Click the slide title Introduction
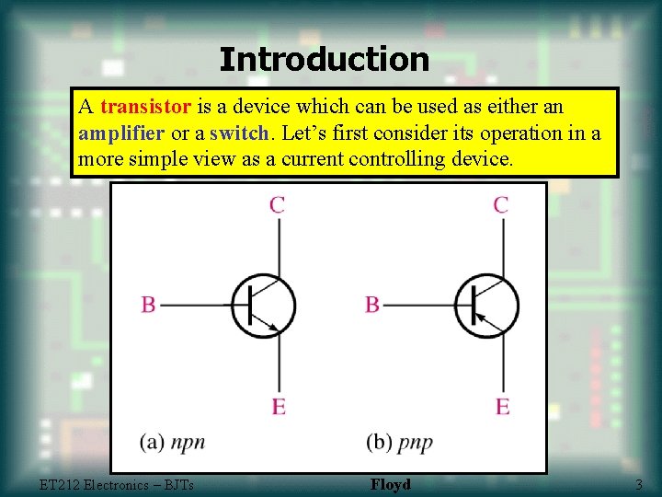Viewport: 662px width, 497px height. click(325, 60)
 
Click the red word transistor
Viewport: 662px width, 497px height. click(146, 107)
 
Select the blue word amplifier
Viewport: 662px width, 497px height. click(121, 133)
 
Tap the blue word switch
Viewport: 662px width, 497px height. click(240, 133)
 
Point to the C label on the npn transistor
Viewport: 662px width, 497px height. click(277, 204)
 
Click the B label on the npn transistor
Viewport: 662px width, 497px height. click(148, 305)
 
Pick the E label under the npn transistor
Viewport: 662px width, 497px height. click(278, 406)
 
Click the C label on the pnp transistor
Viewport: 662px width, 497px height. click(500, 204)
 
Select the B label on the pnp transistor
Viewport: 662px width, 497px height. click(371, 305)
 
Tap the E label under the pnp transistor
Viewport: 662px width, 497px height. click(502, 406)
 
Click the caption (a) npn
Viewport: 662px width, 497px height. click(173, 443)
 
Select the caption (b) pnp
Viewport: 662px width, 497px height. click(398, 443)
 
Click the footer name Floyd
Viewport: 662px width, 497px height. click(391, 484)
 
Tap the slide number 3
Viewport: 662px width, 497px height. click(638, 484)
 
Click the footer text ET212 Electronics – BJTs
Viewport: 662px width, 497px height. click(117, 484)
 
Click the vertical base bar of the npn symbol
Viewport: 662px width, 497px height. click(250, 305)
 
